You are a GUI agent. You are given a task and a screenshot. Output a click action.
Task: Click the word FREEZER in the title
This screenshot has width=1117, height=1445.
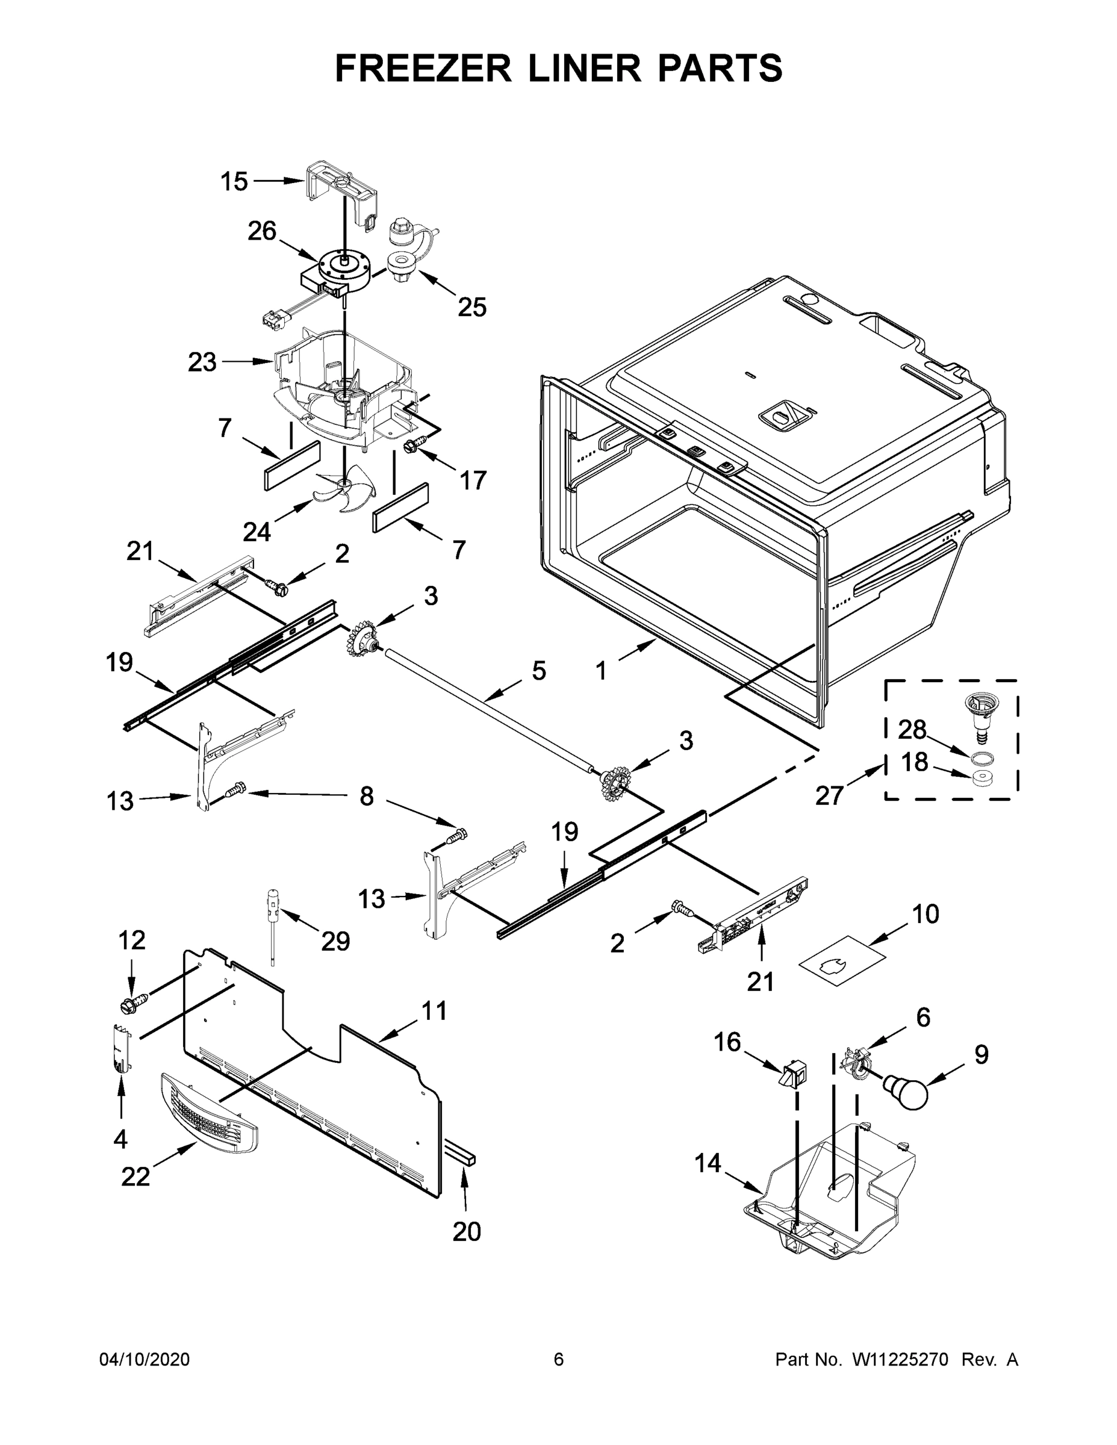click(423, 68)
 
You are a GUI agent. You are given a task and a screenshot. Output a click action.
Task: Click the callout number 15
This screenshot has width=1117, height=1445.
click(234, 181)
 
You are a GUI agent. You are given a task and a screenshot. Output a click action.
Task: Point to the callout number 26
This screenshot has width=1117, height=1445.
click(261, 232)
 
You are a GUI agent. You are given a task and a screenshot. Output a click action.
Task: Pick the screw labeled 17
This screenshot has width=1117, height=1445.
click(410, 448)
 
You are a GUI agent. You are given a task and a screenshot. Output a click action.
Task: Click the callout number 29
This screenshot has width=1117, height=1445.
click(335, 941)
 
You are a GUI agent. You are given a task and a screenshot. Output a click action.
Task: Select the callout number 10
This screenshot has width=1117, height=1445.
click(925, 915)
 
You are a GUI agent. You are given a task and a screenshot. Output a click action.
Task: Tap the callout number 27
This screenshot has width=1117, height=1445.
click(829, 795)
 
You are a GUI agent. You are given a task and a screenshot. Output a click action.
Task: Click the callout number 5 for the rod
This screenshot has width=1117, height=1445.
click(539, 671)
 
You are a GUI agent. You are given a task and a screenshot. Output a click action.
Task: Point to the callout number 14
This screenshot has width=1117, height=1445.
click(708, 1163)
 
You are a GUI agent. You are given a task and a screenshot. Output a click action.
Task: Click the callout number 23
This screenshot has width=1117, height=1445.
click(202, 362)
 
